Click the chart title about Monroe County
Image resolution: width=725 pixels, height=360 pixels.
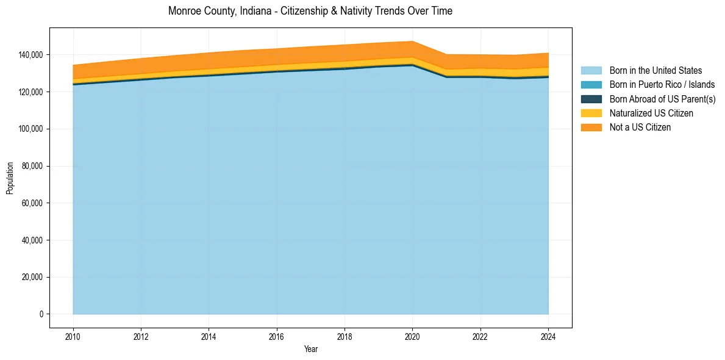(x=310, y=11)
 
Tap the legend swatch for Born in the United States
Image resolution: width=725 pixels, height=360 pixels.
(x=591, y=71)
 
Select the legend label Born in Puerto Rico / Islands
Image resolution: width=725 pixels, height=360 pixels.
(x=662, y=85)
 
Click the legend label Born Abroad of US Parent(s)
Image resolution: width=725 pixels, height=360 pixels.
(x=662, y=99)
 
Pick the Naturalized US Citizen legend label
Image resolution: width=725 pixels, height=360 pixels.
(x=651, y=113)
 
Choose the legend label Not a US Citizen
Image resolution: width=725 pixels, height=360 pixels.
(x=640, y=127)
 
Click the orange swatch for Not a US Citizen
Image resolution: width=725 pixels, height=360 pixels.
(x=591, y=127)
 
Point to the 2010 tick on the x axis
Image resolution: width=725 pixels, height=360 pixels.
(x=73, y=336)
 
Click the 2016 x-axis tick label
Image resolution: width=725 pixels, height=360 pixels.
(x=277, y=336)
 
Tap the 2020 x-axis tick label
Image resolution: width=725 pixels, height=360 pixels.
(x=413, y=336)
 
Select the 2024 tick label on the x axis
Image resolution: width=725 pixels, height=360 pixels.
(x=548, y=336)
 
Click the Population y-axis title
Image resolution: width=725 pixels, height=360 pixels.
(x=10, y=178)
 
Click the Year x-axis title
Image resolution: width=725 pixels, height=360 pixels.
(x=310, y=350)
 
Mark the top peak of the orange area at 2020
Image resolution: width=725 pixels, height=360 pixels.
(x=413, y=41)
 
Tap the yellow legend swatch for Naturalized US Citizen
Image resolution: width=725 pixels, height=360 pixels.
(x=591, y=113)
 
